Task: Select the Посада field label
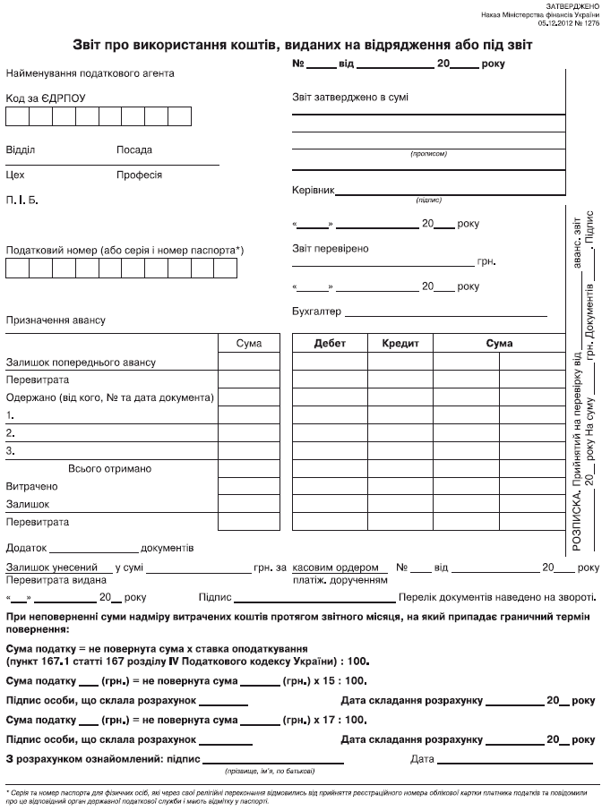(134, 150)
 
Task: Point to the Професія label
(139, 175)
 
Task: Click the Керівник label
(314, 192)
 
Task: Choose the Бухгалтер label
(317, 312)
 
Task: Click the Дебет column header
(329, 343)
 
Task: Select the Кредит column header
(401, 343)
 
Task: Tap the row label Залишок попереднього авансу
(81, 362)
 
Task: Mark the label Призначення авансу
(56, 320)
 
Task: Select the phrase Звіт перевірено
(331, 249)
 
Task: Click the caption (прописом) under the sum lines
(428, 154)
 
